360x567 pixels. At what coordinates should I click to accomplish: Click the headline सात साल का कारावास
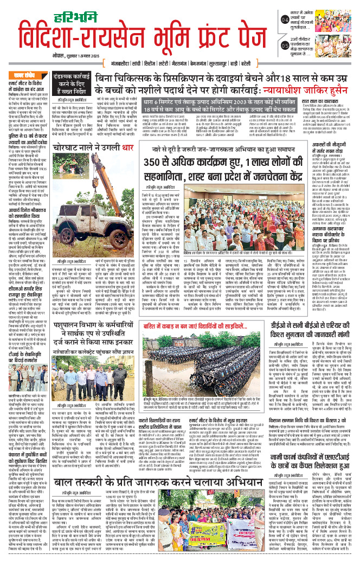click(x=325, y=132)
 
